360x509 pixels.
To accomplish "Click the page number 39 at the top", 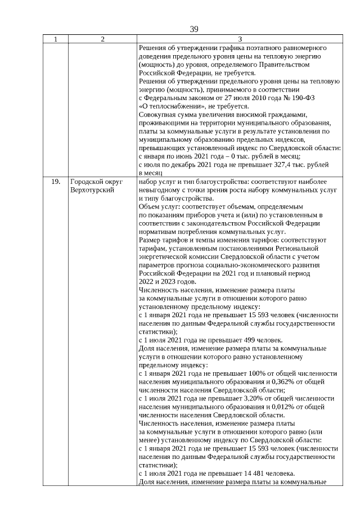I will [x=194, y=29].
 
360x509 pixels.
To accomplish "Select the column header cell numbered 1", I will [x=55, y=39].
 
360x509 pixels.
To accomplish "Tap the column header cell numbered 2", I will [x=102, y=39].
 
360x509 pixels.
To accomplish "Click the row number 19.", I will [x=56, y=182].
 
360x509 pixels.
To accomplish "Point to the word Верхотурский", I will [x=93, y=190].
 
